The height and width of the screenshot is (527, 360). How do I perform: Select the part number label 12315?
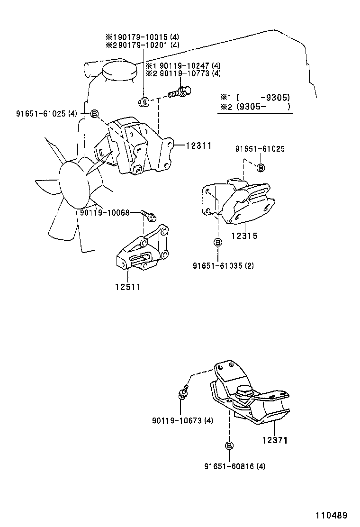pyautogui.click(x=244, y=236)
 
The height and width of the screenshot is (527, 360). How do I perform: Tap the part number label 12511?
pyautogui.click(x=127, y=286)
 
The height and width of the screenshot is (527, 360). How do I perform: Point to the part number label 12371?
pyautogui.click(x=275, y=440)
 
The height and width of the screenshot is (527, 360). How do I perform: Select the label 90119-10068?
pyautogui.click(x=104, y=212)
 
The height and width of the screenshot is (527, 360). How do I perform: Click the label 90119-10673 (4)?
pyautogui.click(x=182, y=420)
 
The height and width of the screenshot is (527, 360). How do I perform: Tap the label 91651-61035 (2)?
pyautogui.click(x=223, y=266)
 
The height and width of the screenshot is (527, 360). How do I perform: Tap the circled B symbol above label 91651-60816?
pyautogui.click(x=229, y=445)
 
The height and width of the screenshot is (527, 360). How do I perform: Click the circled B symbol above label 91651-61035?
pyautogui.click(x=218, y=243)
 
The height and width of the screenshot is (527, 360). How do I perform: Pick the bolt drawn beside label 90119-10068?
pyautogui.click(x=148, y=215)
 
